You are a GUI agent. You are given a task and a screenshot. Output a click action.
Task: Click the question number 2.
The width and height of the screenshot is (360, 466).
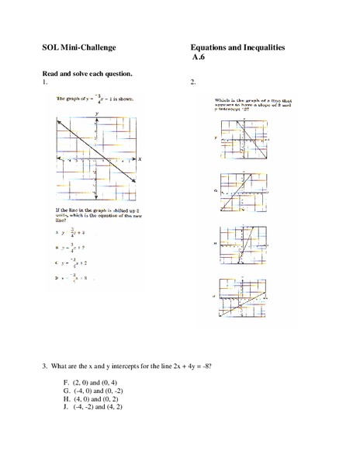(192, 82)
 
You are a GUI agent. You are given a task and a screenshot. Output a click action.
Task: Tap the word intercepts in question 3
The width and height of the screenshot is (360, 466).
(112, 365)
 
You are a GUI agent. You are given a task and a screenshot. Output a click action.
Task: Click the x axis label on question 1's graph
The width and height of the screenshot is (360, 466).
(140, 159)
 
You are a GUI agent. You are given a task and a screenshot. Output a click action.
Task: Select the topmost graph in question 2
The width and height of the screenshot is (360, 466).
(239, 142)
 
